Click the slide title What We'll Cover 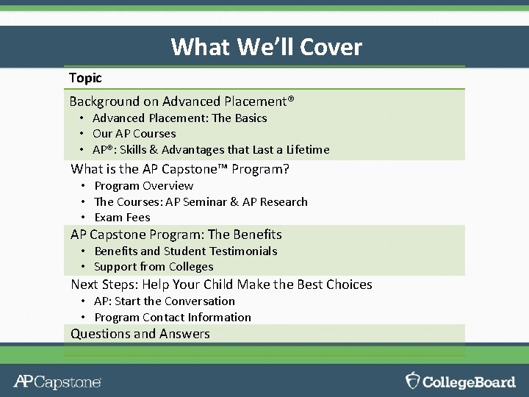(266, 47)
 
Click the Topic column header (85, 78)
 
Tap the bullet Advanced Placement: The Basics (179, 118)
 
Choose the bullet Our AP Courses (134, 134)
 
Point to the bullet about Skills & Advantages (211, 149)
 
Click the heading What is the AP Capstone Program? (180, 169)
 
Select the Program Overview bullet (143, 186)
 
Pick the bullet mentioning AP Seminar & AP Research (201, 201)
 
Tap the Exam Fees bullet (122, 218)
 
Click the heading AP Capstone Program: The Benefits (176, 235)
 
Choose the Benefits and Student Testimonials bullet (185, 251)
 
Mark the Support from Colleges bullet (154, 267)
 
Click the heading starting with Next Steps (221, 285)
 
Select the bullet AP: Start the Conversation (165, 301)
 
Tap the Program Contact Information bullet (173, 318)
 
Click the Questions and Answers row (140, 334)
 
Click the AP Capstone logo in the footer (57, 382)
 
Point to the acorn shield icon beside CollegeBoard (413, 381)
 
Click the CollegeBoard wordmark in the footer (469, 382)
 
